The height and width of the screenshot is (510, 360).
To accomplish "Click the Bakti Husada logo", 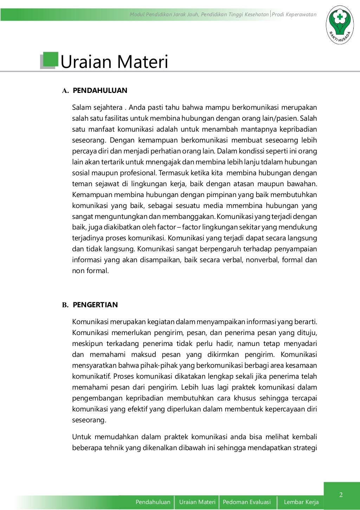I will tap(340, 25).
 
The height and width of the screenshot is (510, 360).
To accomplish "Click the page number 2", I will tap(341, 495).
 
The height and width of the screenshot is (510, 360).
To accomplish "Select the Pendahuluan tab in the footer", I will tap(153, 502).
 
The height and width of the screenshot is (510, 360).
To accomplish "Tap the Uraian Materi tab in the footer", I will tap(197, 502).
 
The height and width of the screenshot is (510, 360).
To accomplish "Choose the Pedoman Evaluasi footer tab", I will tap(247, 502).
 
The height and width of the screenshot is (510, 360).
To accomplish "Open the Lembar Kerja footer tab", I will tap(301, 502).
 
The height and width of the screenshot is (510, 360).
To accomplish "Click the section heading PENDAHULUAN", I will tap(100, 90).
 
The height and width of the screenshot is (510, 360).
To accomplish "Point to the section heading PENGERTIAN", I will tap(95, 305).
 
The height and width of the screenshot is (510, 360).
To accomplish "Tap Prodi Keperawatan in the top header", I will tap(294, 14).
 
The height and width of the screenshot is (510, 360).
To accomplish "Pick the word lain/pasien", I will tap(279, 118).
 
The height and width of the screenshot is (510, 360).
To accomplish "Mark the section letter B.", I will tap(65, 305).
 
